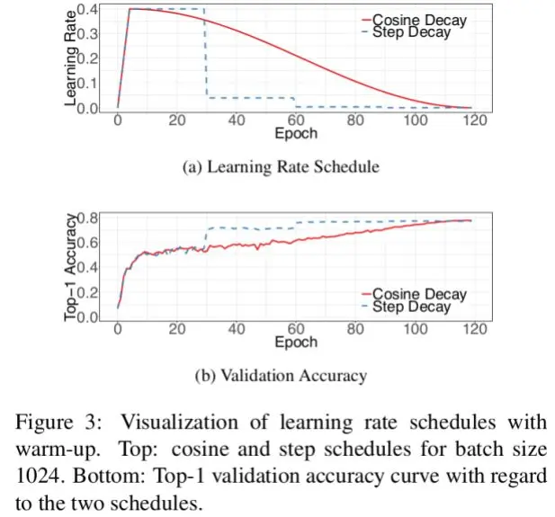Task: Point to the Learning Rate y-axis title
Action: click(72, 56)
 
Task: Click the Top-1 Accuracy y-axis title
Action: click(72, 269)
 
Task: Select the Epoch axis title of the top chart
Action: click(296, 134)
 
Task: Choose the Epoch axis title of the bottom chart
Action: click(296, 343)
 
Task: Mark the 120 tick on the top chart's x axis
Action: click(473, 121)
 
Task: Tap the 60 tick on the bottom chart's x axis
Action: click(296, 330)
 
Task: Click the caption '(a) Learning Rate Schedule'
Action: click(280, 166)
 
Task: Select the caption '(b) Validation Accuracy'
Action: click(281, 376)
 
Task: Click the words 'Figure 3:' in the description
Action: click(59, 422)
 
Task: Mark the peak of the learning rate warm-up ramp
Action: click(131, 9)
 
